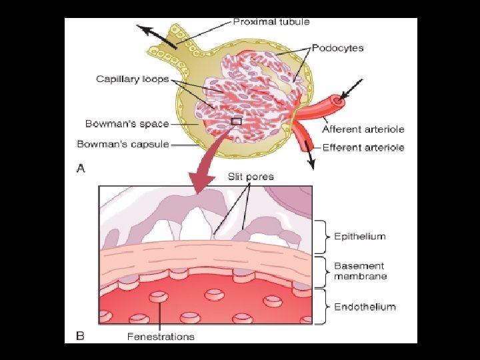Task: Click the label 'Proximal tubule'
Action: pos(271,21)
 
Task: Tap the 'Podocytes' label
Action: pos(339,49)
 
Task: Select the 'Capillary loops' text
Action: pos(132,79)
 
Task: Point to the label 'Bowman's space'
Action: pos(127,123)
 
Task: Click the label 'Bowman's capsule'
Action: pos(123,143)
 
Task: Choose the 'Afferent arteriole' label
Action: pos(363,129)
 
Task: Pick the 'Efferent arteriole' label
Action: pos(363,147)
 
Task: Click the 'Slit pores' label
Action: pos(251,177)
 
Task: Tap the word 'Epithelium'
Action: pos(359,236)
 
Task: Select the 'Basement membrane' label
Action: pos(360,271)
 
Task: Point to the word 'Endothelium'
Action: pos(365,307)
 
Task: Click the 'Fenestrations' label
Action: pos(161,336)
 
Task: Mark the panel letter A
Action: pos(81,169)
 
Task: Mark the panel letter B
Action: pos(81,336)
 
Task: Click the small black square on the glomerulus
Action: pos(235,121)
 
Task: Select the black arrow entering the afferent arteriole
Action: pos(353,89)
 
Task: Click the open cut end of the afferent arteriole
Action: pos(339,102)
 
